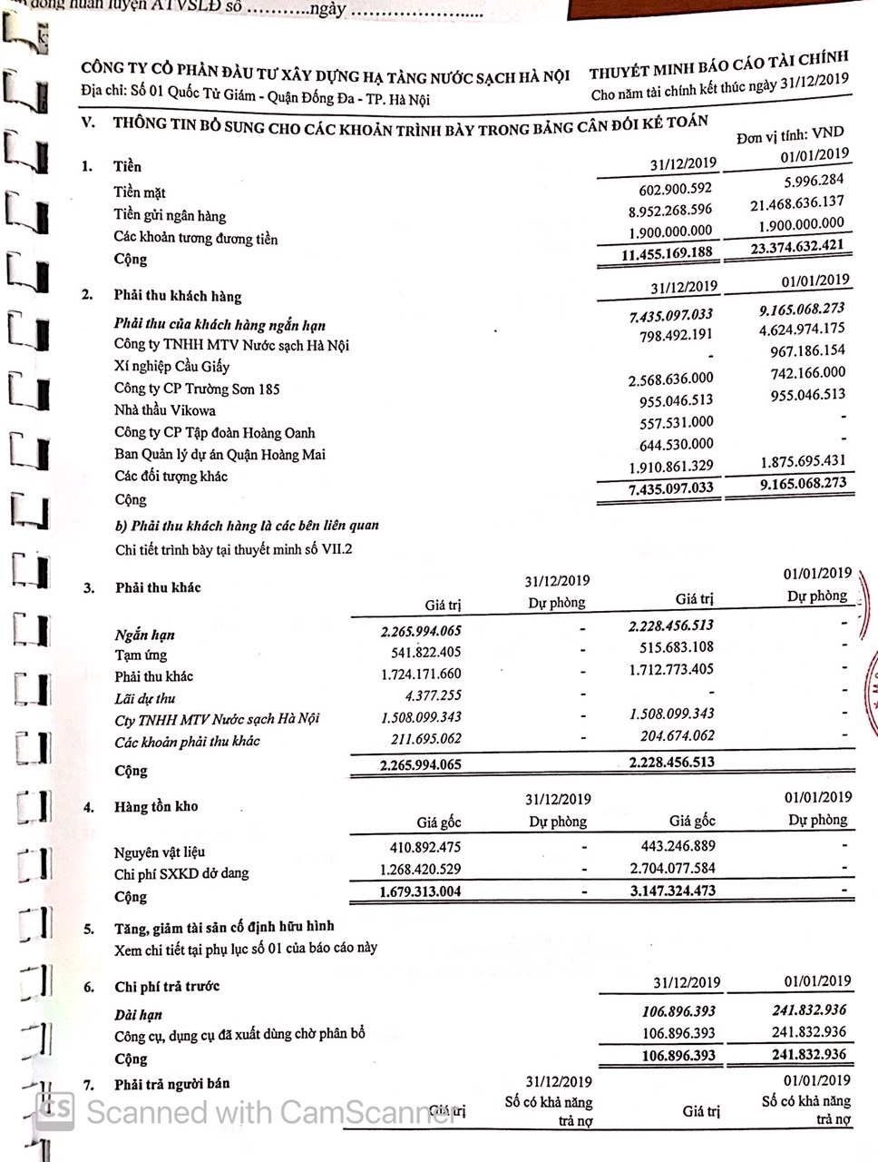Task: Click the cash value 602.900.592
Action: click(x=675, y=188)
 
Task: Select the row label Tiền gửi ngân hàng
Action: click(x=170, y=216)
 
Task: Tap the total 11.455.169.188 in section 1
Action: click(x=667, y=253)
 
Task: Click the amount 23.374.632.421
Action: click(x=795, y=245)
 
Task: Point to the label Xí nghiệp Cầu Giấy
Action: click(x=171, y=367)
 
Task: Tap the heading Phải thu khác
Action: click(x=158, y=587)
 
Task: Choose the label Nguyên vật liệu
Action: click(x=160, y=852)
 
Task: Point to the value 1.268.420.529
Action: click(x=420, y=870)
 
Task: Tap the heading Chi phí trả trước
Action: click(x=167, y=986)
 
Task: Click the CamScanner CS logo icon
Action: click(x=54, y=1109)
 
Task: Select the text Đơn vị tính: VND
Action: click(x=789, y=136)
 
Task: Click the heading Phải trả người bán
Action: click(x=171, y=1083)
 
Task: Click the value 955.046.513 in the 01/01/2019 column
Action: click(x=807, y=395)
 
